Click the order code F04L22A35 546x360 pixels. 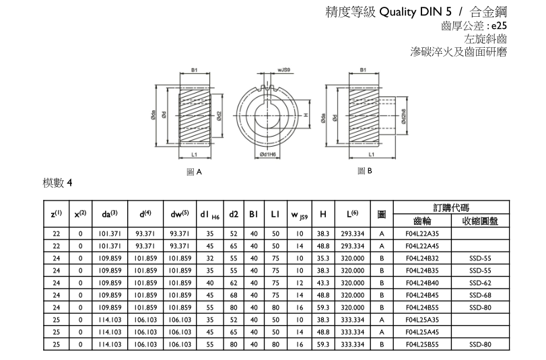click(423, 233)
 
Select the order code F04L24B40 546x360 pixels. click(423, 283)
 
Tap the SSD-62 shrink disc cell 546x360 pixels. click(480, 283)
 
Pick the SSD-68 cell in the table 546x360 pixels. click(480, 295)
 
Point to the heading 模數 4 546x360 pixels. click(57, 183)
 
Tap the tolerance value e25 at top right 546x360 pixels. click(496, 26)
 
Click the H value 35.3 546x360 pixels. click(324, 258)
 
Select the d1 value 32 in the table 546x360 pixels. click(209, 258)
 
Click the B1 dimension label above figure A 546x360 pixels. click(194, 69)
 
